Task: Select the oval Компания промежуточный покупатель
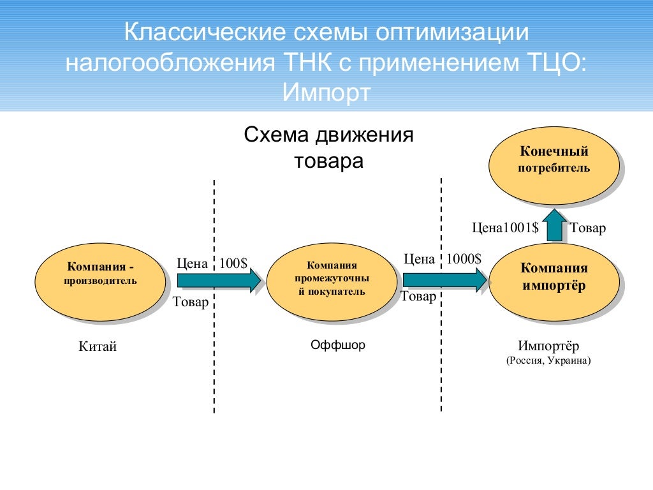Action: tap(332, 281)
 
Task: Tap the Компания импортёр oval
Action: tap(554, 281)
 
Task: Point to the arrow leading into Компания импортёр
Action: tap(444, 280)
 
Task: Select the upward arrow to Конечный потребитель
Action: tap(554, 225)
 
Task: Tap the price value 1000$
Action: tap(464, 258)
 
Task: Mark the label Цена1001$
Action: tap(505, 228)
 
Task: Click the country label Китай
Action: tap(98, 347)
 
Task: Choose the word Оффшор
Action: tap(338, 345)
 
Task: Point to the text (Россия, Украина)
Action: tap(549, 360)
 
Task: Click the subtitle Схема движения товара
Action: tap(329, 148)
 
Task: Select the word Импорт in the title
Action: tap(326, 93)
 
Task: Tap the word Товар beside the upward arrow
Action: tap(587, 228)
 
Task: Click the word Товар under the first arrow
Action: tap(191, 302)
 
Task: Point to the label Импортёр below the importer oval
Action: tap(549, 346)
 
